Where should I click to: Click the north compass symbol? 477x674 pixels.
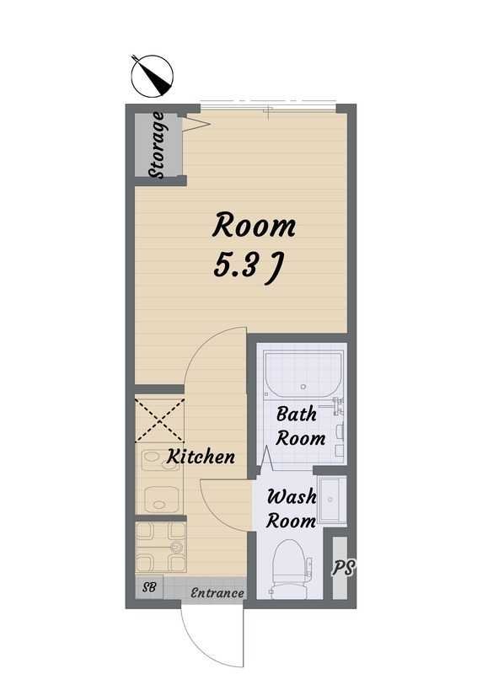(x=152, y=76)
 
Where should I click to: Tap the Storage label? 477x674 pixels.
(x=157, y=145)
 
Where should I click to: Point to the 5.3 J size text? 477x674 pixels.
(x=247, y=266)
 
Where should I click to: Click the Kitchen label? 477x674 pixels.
(x=201, y=456)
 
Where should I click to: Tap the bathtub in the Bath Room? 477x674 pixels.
(x=304, y=374)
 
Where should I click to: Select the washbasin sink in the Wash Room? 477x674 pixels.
(x=331, y=500)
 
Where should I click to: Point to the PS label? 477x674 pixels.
(x=343, y=568)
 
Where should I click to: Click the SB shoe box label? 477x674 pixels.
(x=150, y=586)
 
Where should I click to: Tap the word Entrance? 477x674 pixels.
(x=217, y=593)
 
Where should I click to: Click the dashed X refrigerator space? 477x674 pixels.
(x=159, y=420)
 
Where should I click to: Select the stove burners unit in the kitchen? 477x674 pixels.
(x=161, y=547)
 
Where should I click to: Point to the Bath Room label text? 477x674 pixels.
(x=301, y=426)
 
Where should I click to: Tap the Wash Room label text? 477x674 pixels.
(x=292, y=509)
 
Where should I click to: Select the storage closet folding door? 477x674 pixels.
(x=196, y=123)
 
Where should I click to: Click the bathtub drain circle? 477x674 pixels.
(x=304, y=387)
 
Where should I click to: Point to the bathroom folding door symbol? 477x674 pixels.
(x=266, y=460)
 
